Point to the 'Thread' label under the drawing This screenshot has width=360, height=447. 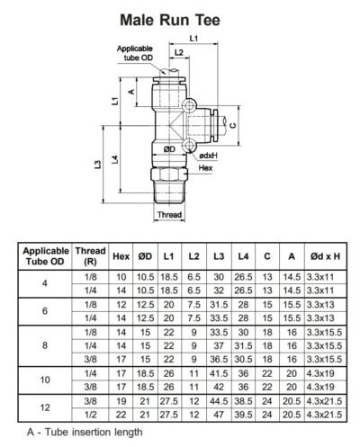[170, 216]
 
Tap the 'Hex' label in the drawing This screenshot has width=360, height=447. [204, 168]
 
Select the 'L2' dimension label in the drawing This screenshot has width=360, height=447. [179, 53]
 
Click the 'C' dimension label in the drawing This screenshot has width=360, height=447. [232, 125]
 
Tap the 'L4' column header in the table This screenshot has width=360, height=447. [241, 255]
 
